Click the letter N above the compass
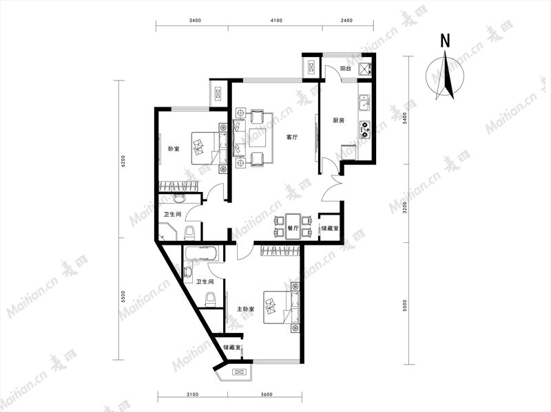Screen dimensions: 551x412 pyautogui.click(x=445, y=41)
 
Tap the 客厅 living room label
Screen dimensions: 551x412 pyautogui.click(x=291, y=137)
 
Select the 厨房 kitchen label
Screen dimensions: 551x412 pyautogui.click(x=338, y=120)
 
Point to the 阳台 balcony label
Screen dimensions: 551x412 pyautogui.click(x=346, y=69)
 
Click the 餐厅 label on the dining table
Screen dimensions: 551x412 pyautogui.click(x=293, y=228)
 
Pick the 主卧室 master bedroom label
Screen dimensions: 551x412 pyautogui.click(x=246, y=310)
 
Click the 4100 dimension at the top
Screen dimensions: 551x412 pyautogui.click(x=277, y=21)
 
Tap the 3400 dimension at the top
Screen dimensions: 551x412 pyautogui.click(x=195, y=21)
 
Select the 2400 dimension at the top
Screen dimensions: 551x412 pyautogui.click(x=346, y=21)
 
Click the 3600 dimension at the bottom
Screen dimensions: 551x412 pyautogui.click(x=267, y=394)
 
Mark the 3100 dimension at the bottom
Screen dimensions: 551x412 pyautogui.click(x=193, y=394)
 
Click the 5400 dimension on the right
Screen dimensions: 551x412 pyautogui.click(x=405, y=118)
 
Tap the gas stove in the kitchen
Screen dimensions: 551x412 pyautogui.click(x=364, y=129)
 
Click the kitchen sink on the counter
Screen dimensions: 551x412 pyautogui.click(x=364, y=102)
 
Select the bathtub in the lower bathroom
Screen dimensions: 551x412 pyautogui.click(x=201, y=253)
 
